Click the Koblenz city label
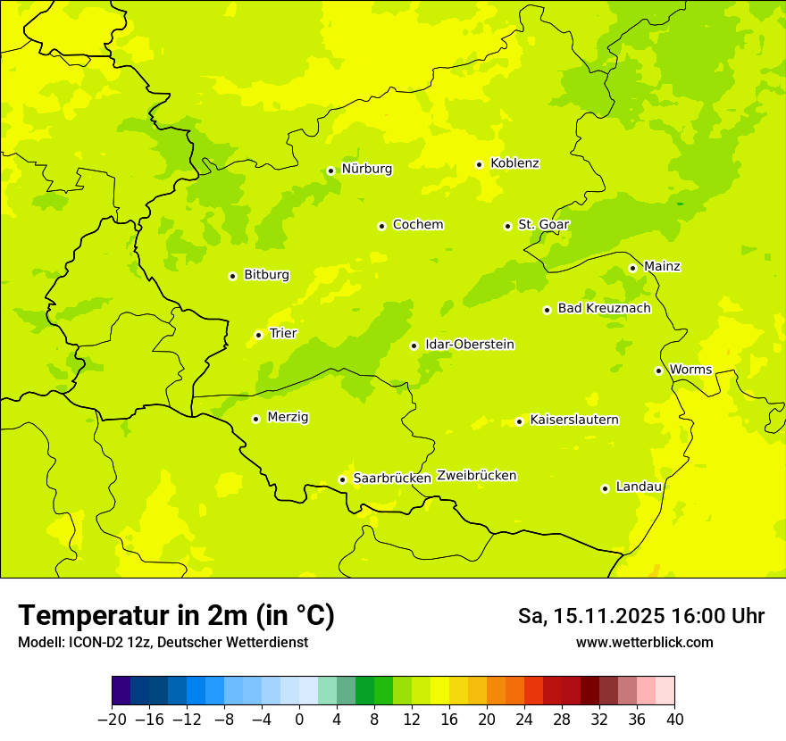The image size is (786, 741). pos(514,163)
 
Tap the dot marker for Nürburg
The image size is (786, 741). pos(330,171)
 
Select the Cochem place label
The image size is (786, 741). pos(417,225)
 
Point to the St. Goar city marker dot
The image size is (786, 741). pos(507,226)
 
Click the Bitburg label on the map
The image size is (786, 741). pos(266,275)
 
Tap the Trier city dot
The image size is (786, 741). pos(258,335)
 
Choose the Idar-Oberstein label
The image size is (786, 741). pos(469,345)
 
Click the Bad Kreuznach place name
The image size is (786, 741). pos(604,309)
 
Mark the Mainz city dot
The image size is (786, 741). pos(632,268)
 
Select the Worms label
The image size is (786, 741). pos(690,370)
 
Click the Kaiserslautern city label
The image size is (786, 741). pos(573,420)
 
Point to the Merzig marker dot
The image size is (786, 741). pos(255,419)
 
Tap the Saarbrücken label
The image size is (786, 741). pos(391,479)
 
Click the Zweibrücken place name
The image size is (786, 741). pos(476,476)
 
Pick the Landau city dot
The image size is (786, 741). pos(605,488)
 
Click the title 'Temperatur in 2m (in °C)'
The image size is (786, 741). pos(176,616)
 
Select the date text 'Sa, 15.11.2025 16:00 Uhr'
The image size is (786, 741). pos(640,616)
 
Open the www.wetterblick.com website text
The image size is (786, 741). pos(644,643)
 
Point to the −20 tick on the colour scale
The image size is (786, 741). pos(112,720)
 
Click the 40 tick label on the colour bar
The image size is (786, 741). pos(674,720)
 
